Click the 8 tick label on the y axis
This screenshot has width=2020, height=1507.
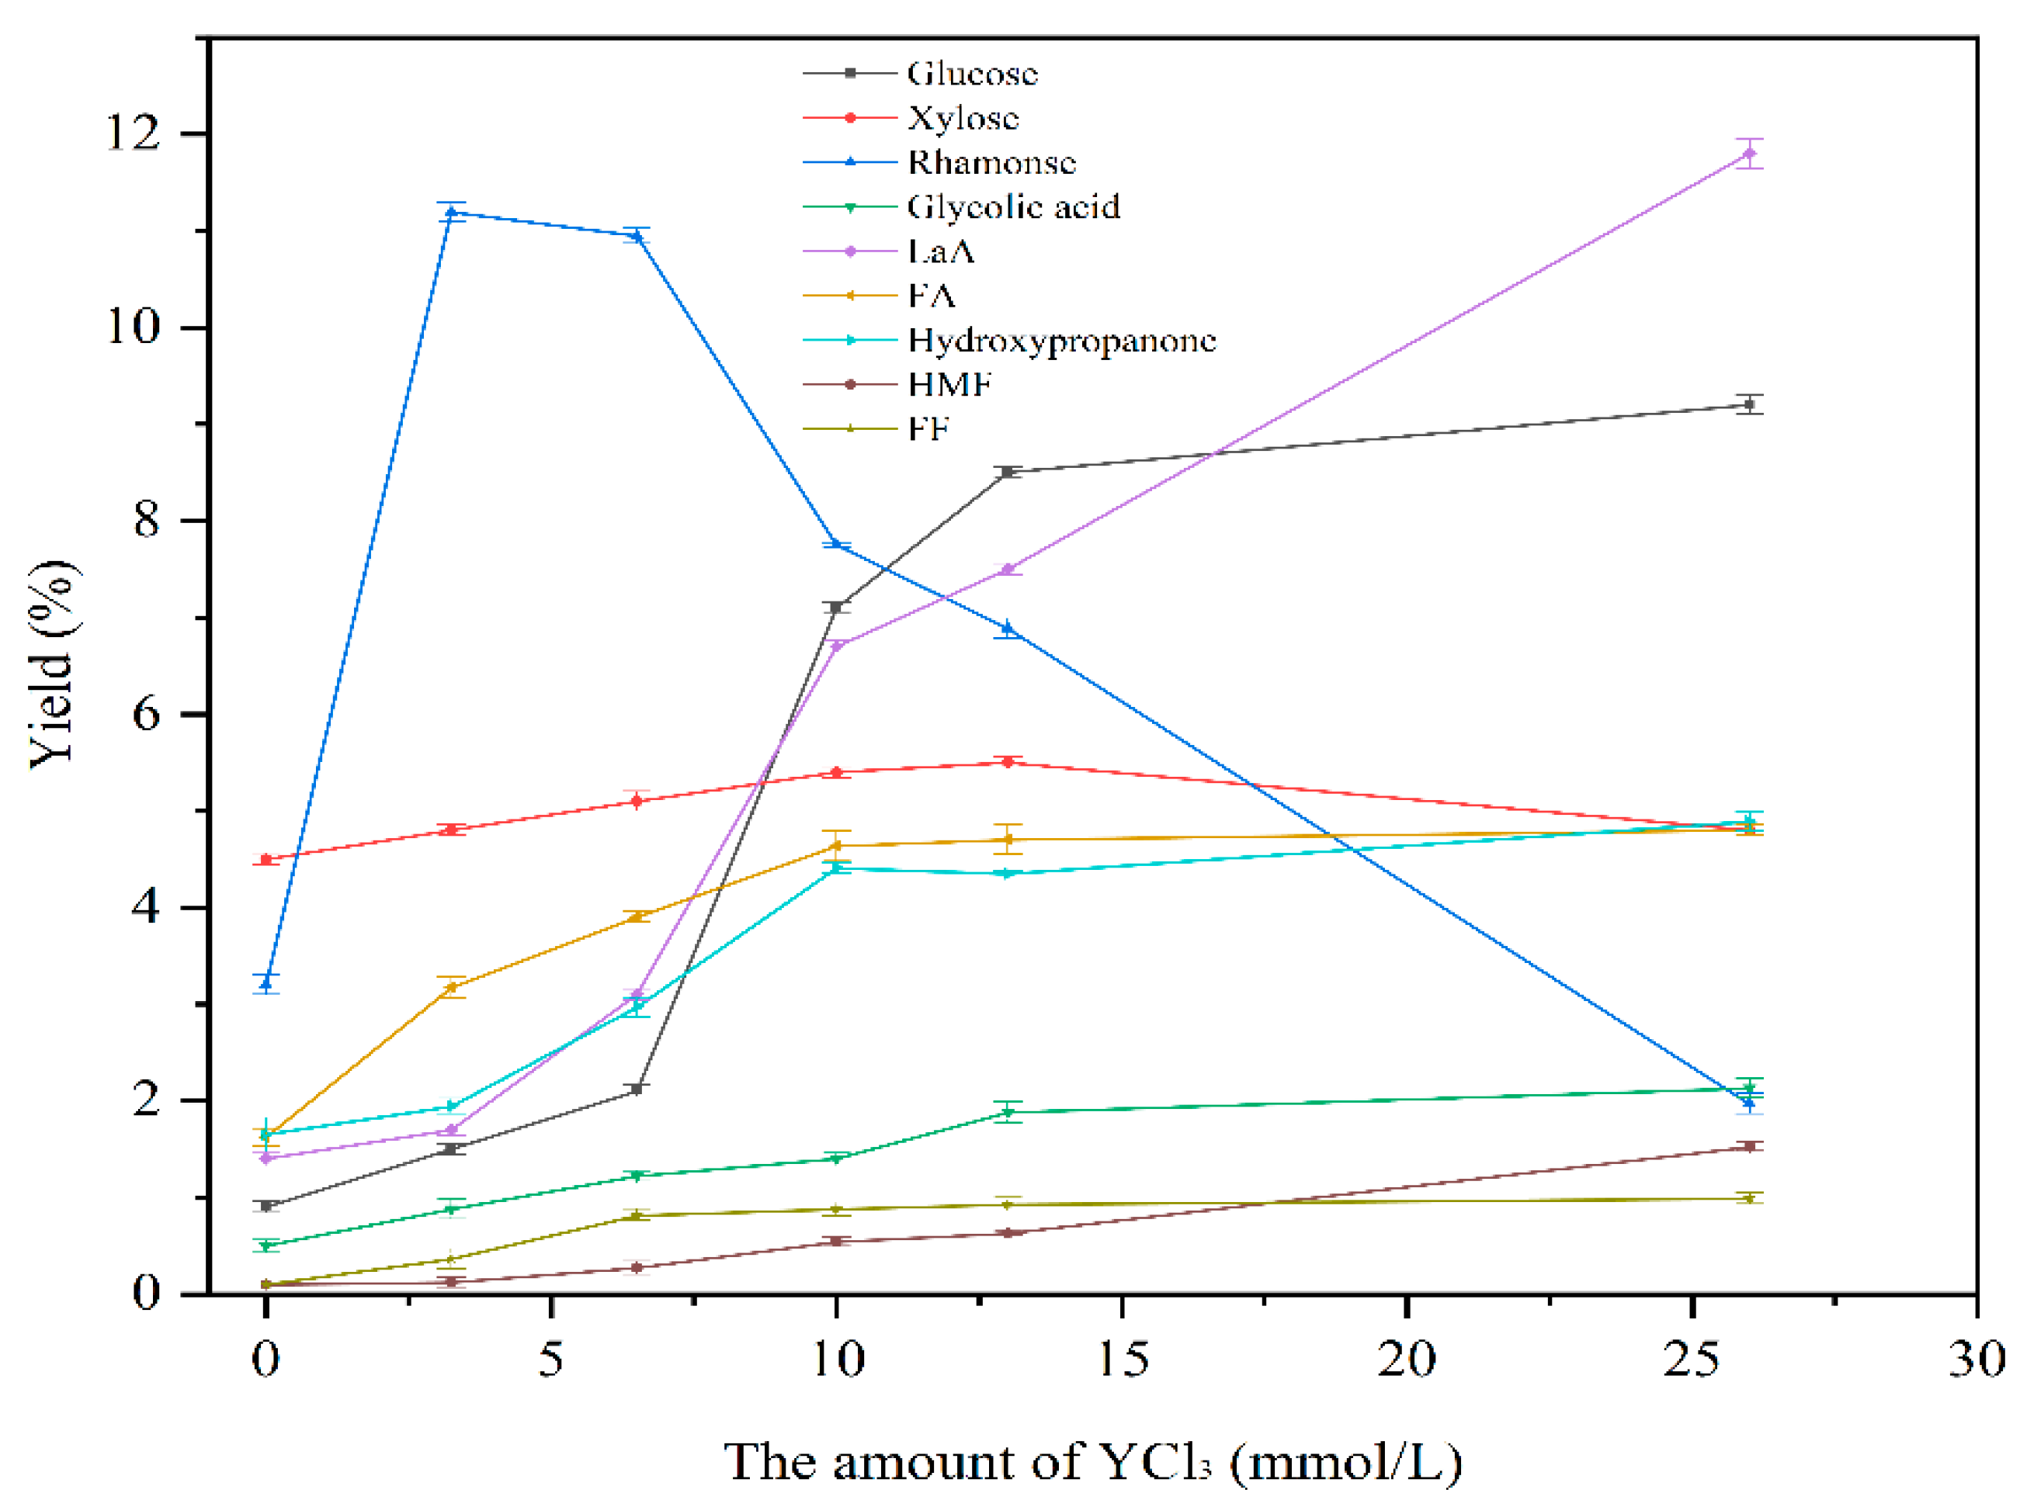147,521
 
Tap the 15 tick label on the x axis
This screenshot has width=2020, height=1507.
1121,1360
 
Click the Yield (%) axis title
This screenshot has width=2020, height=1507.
53,664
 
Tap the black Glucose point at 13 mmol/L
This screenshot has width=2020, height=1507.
1007,472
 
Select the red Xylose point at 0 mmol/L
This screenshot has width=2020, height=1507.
266,859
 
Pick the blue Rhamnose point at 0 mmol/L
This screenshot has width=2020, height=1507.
266,984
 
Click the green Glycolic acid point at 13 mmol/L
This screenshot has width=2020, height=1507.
1007,1112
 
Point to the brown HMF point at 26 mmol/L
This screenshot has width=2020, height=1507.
1748,1147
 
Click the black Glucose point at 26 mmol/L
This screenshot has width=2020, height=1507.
1748,404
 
